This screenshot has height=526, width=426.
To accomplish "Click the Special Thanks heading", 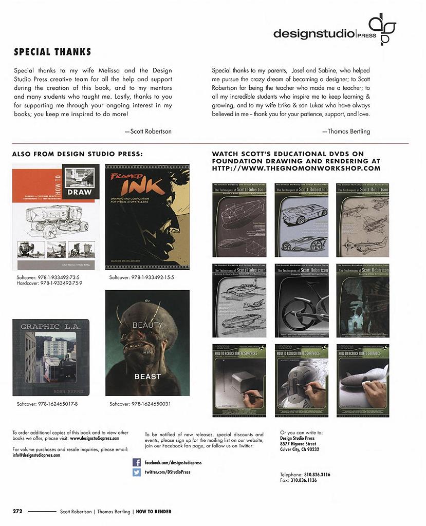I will pyautogui.click(x=52, y=52).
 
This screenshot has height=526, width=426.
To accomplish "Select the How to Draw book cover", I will pyautogui.click(x=55, y=217).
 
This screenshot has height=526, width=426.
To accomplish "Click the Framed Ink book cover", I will pyautogui.click(x=147, y=217).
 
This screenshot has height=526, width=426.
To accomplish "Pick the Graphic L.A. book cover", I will pyautogui.click(x=51, y=357).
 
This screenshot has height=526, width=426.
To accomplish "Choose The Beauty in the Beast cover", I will pyautogui.click(x=147, y=343).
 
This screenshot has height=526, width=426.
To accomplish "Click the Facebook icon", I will pyautogui.click(x=137, y=462).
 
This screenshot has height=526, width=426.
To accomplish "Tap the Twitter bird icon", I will pyautogui.click(x=137, y=472).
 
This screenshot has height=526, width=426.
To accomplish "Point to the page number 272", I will pyautogui.click(x=17, y=511).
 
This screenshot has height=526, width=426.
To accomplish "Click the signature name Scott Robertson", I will pyautogui.click(x=151, y=131).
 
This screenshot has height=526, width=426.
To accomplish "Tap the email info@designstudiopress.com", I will pyautogui.click(x=36, y=455).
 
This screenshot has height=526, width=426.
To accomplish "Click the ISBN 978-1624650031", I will pyautogui.click(x=145, y=404).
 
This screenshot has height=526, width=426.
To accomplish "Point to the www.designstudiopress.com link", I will pyautogui.click(x=98, y=439).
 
